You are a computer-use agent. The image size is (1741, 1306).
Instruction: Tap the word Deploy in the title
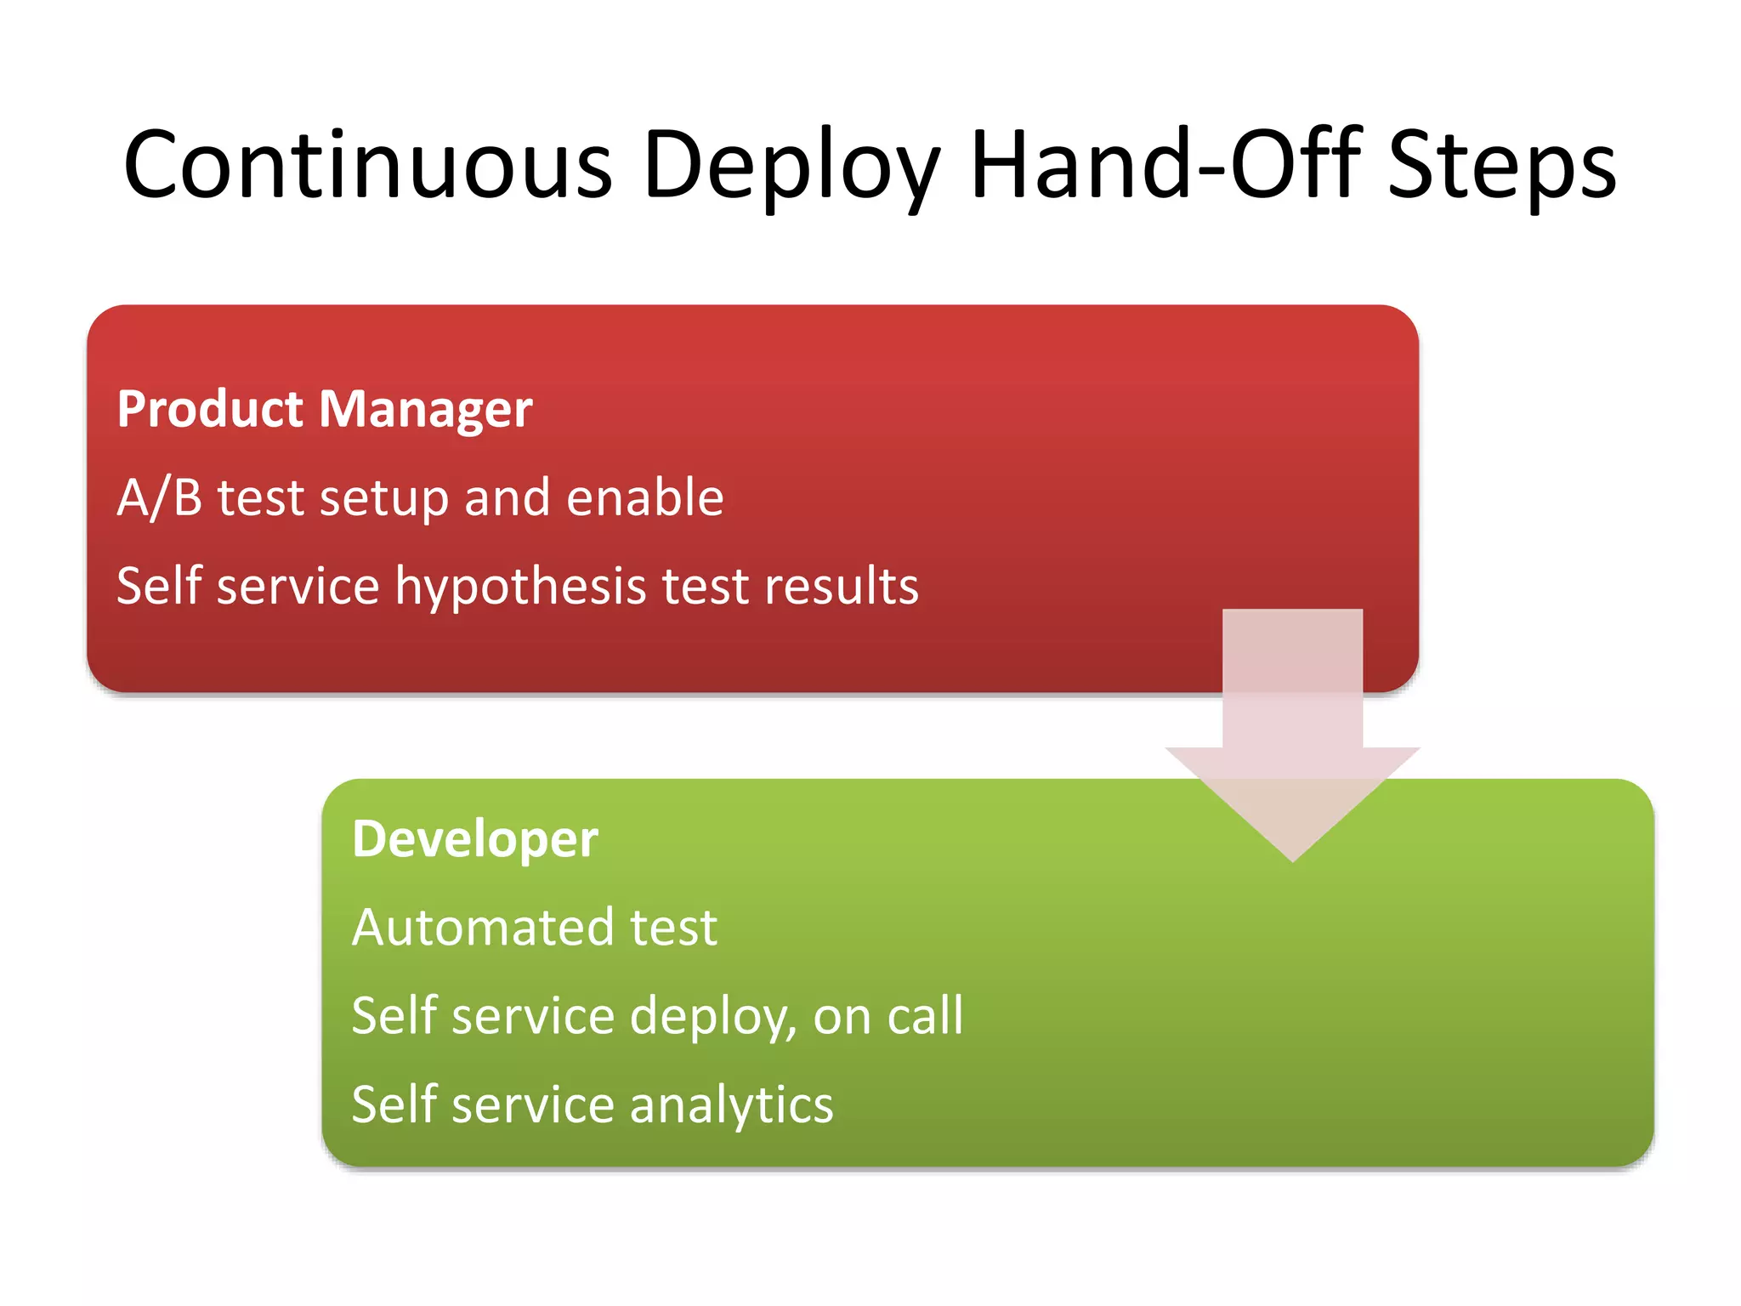click(791, 166)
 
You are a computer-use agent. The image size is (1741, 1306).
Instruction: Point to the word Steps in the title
click(1501, 166)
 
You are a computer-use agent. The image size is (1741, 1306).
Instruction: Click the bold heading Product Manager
click(325, 409)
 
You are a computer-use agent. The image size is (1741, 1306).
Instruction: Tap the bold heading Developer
click(475, 839)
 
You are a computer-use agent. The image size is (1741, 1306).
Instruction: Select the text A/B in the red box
click(159, 497)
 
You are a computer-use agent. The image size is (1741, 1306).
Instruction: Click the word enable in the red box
click(645, 497)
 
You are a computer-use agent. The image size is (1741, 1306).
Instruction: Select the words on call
click(888, 1016)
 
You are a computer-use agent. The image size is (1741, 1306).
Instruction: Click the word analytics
click(731, 1105)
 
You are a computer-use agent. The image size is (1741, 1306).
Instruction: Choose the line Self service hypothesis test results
click(517, 586)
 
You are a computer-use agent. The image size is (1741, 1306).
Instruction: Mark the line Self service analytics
click(593, 1105)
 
